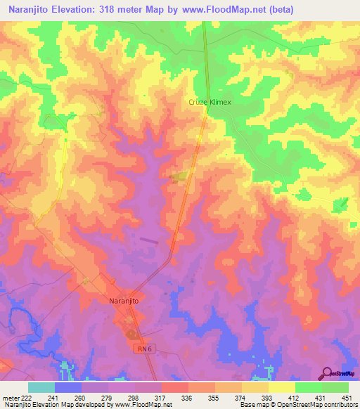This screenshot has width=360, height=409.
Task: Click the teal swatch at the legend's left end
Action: pyautogui.click(x=41, y=387)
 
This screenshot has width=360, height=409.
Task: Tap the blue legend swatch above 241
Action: pyautogui.click(x=68, y=387)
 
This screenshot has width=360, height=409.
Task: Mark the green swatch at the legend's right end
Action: pyautogui.click(x=335, y=387)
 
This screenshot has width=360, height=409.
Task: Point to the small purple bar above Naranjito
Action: pyautogui.click(x=149, y=240)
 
